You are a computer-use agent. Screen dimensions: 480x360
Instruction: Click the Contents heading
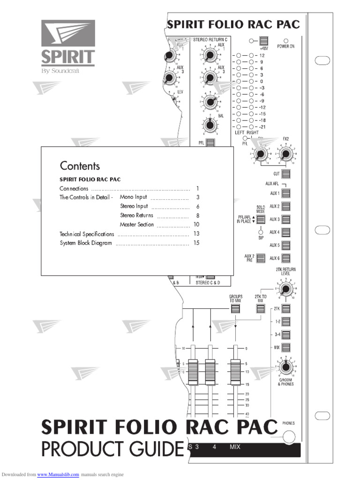click(x=80, y=166)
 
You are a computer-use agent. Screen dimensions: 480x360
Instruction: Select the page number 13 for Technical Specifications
click(x=196, y=233)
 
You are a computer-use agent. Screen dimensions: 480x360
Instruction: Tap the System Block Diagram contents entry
click(x=86, y=243)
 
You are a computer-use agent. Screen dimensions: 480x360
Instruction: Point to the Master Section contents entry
click(x=136, y=225)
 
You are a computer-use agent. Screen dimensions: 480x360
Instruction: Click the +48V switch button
click(x=264, y=41)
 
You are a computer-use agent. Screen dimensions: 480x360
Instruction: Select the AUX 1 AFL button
click(x=286, y=193)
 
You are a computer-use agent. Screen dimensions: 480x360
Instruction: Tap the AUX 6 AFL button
click(x=286, y=258)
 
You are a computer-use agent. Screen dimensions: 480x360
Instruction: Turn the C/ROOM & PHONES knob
click(x=285, y=367)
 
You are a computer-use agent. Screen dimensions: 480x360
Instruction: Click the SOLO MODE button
click(x=261, y=219)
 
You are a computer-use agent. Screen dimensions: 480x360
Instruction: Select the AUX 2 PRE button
click(x=261, y=257)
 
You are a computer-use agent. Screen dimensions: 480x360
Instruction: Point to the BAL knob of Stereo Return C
click(x=209, y=125)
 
